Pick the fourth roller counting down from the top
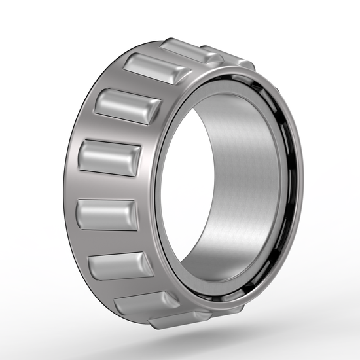(109, 157)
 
